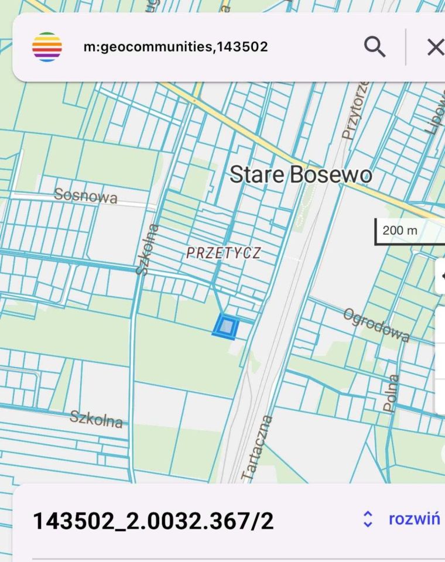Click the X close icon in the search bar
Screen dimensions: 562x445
pos(434,47)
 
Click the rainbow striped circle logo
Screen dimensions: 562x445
pos(47,47)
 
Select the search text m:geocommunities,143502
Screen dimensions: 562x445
pos(176,47)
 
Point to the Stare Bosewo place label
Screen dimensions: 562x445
pos(300,174)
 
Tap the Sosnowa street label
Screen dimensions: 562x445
pos(85,196)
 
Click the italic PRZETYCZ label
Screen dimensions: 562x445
pos(223,253)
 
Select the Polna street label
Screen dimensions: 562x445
pos(391,392)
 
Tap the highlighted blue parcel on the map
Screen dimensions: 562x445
pos(227,327)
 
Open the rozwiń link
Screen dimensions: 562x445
pos(414,519)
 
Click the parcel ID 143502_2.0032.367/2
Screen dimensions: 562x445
pos(153,520)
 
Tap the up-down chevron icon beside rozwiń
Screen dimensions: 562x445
pos(368,519)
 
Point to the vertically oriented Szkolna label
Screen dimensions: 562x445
pos(147,249)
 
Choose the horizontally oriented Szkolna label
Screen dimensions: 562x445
pos(97,418)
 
